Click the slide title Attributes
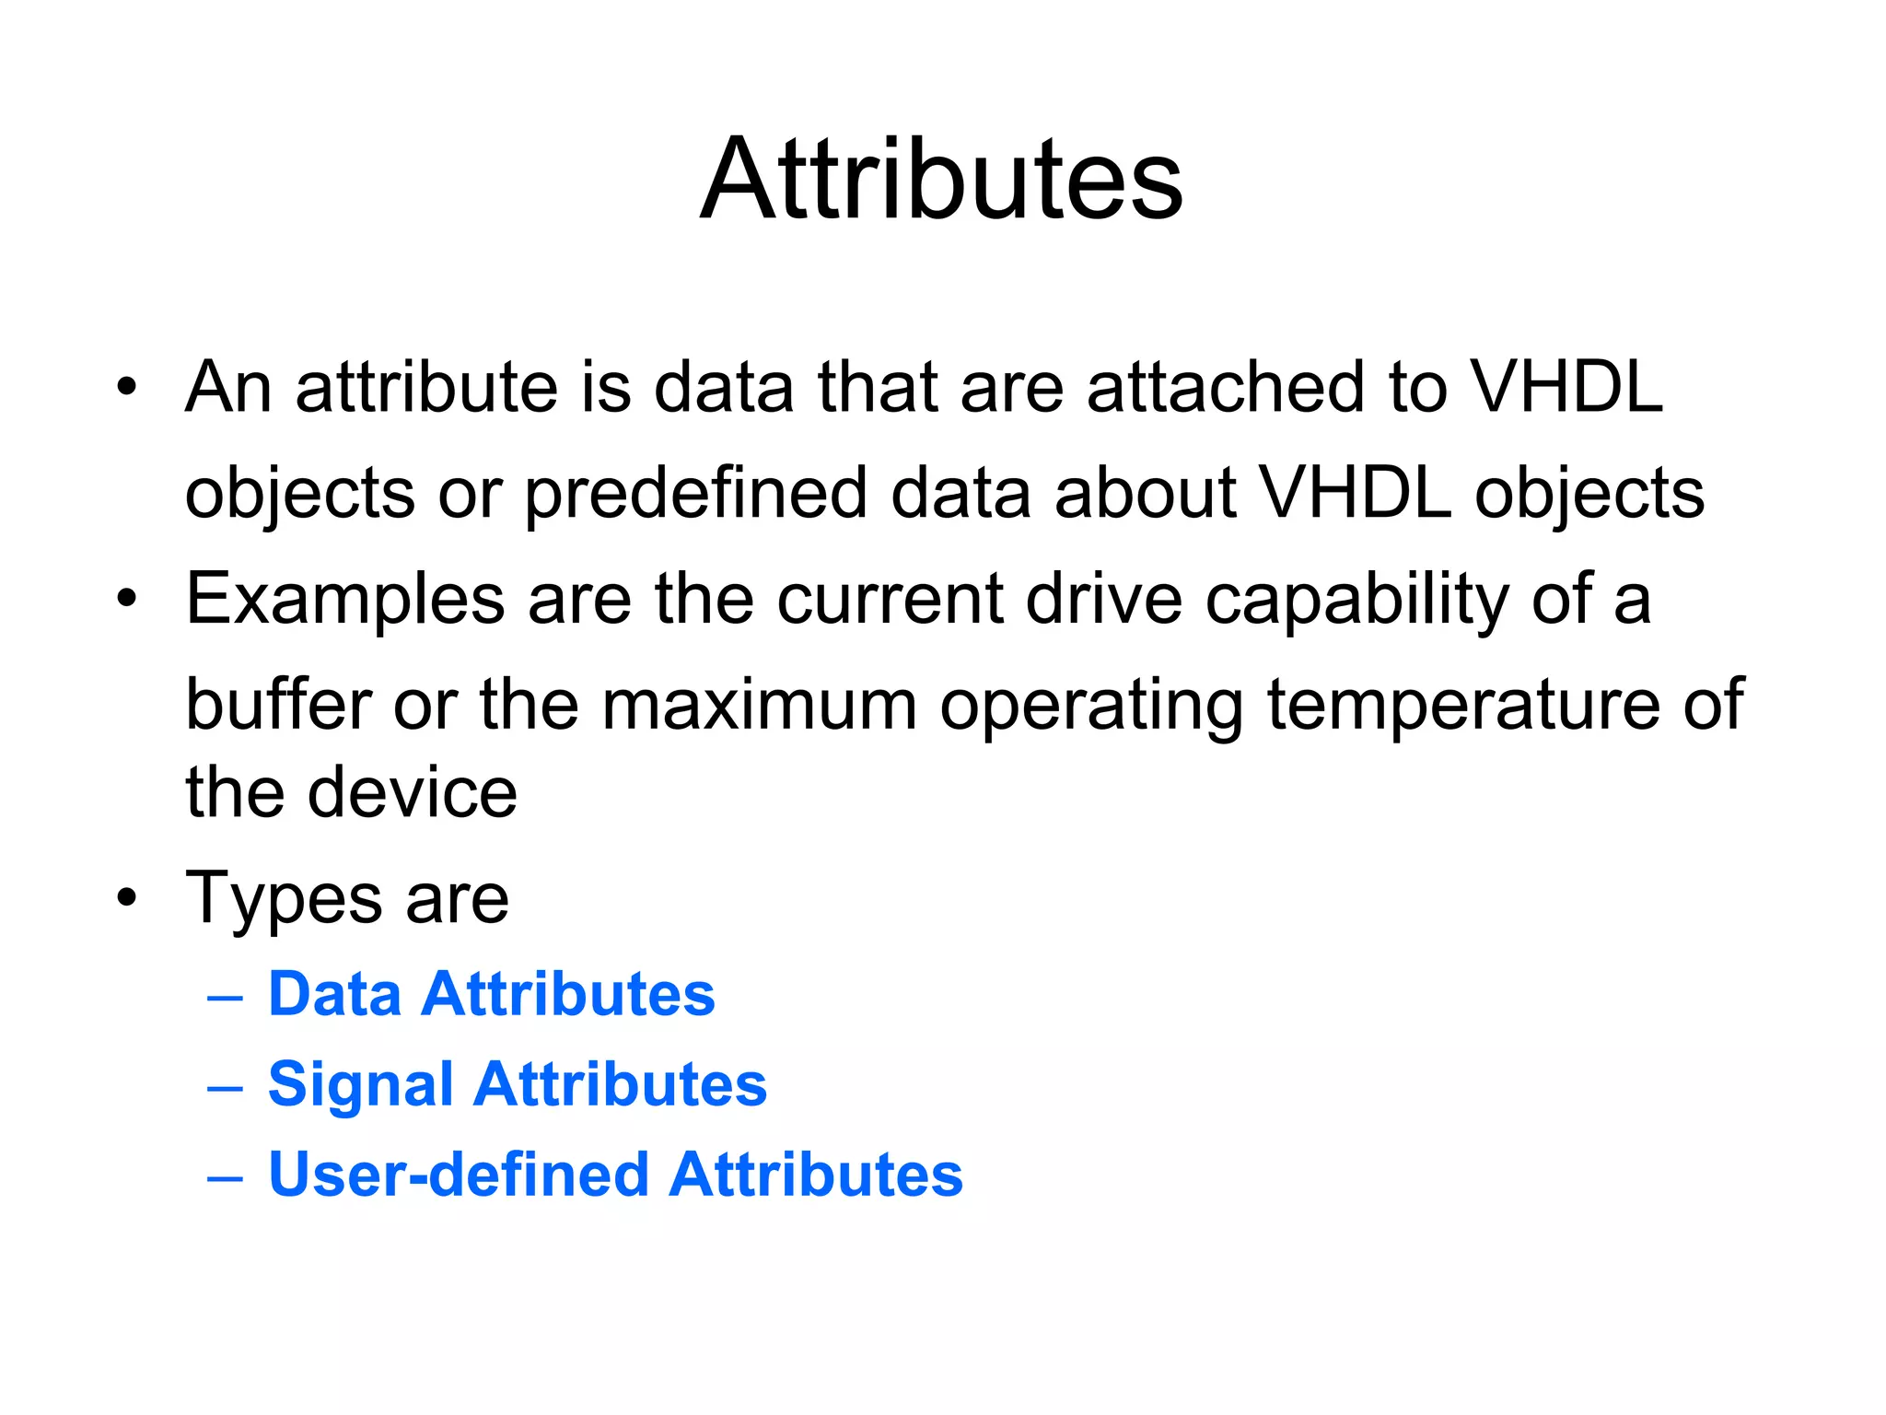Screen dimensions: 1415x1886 tap(941, 180)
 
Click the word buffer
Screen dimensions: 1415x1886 tap(277, 705)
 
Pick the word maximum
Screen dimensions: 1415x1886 tap(759, 705)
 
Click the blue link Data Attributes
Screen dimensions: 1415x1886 tap(491, 994)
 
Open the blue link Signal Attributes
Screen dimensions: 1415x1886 tap(517, 1084)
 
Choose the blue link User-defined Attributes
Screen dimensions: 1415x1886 tap(615, 1175)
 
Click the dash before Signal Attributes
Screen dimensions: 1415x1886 tap(226, 1088)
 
